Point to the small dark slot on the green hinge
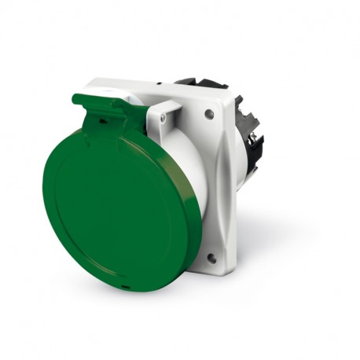(x=101, y=121)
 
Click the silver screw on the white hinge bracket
(x=163, y=117)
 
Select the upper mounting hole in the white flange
(x=209, y=114)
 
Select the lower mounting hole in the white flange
(x=210, y=256)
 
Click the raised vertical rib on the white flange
(x=222, y=181)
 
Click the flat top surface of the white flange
(x=157, y=85)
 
